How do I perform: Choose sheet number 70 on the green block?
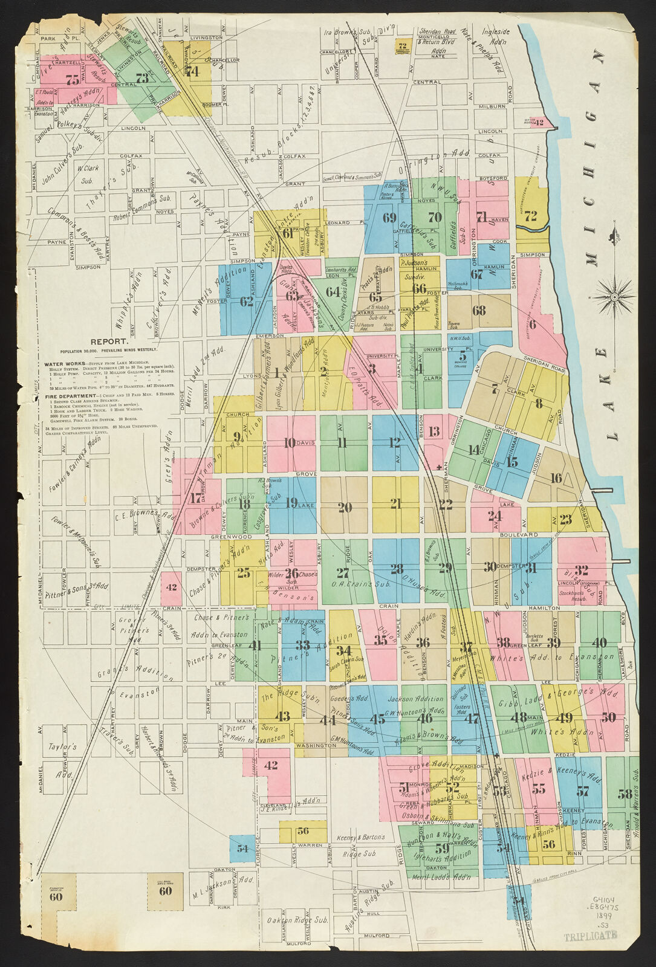(x=435, y=217)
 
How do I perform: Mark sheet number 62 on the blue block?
(x=246, y=301)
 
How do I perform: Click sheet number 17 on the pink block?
(x=195, y=499)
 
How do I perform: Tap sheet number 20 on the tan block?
(x=290, y=443)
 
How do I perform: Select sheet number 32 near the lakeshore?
(x=582, y=569)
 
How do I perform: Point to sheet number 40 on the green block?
(x=599, y=642)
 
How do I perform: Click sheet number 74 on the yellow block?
(x=193, y=71)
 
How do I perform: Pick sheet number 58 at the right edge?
(x=625, y=794)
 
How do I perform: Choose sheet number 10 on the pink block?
(x=290, y=443)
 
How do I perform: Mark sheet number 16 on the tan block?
(x=556, y=478)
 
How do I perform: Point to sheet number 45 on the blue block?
(x=377, y=719)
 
